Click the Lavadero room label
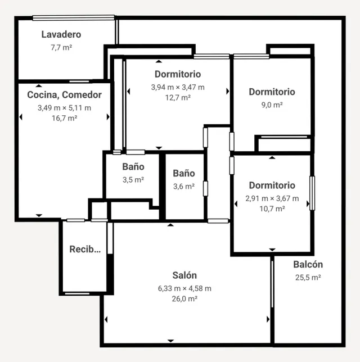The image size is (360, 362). [61, 34]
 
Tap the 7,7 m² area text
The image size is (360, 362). [61, 48]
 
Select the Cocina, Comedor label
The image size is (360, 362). [65, 95]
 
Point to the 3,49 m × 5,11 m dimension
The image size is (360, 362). [65, 108]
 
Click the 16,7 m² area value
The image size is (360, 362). [65, 118]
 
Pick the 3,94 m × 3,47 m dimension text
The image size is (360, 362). [178, 87]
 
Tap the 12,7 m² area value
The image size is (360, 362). [178, 98]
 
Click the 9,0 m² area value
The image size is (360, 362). [272, 105]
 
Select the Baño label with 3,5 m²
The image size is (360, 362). [133, 167]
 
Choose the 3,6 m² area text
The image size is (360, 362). [184, 187]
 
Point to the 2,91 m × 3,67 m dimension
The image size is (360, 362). [272, 198]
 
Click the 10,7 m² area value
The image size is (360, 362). [272, 209]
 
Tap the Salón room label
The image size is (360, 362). [184, 275]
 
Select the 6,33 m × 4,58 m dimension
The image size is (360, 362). [184, 288]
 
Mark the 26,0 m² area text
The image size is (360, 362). [184, 298]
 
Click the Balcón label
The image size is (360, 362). [308, 264]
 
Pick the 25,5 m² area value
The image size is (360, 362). [308, 278]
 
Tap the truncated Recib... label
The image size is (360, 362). [85, 250]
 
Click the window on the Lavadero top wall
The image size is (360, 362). [74, 18]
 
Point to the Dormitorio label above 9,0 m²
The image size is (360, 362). [272, 92]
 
